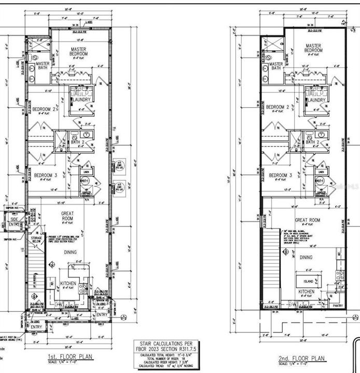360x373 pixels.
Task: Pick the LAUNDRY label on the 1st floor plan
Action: point(82,99)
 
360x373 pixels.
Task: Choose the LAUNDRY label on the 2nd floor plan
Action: point(317,99)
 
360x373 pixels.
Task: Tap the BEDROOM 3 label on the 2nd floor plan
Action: point(280,176)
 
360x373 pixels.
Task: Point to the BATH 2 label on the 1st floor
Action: point(78,141)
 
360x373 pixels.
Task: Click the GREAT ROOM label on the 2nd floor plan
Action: point(308,220)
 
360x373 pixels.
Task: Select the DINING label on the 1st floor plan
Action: point(70,252)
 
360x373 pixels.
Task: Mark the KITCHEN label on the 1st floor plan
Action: point(68,283)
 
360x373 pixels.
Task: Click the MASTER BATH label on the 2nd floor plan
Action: point(275,66)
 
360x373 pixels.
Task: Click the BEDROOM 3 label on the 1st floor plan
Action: point(45,176)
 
